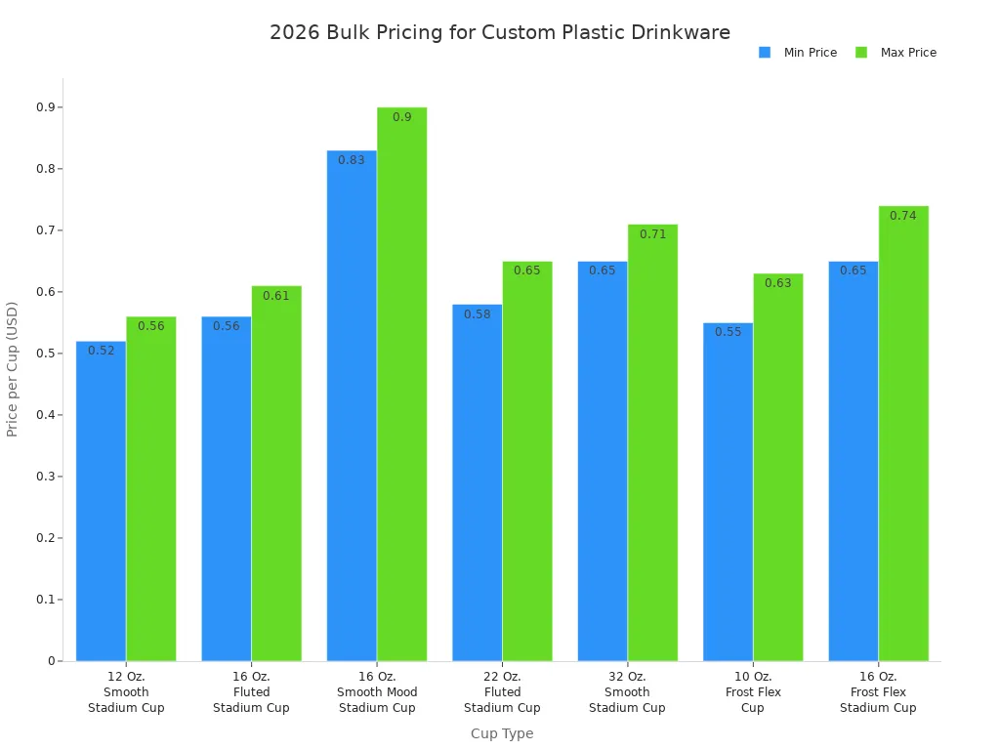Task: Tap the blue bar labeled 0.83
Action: pos(352,405)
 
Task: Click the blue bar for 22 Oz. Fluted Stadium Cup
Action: pos(477,482)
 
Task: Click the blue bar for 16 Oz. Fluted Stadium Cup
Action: pos(226,488)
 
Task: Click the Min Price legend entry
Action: pos(799,53)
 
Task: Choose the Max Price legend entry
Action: pos(896,53)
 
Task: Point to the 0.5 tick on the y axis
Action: pos(45,354)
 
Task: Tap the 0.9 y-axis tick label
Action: pos(45,107)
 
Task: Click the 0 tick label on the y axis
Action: pos(51,661)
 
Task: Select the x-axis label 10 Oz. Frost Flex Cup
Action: pos(752,691)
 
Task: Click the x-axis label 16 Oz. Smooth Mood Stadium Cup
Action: pos(377,691)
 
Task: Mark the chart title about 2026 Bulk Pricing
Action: pos(500,32)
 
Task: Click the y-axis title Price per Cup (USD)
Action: pos(13,369)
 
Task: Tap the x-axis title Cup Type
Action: pos(502,733)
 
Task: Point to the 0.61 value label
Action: pos(276,296)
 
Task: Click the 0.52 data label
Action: pos(102,351)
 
